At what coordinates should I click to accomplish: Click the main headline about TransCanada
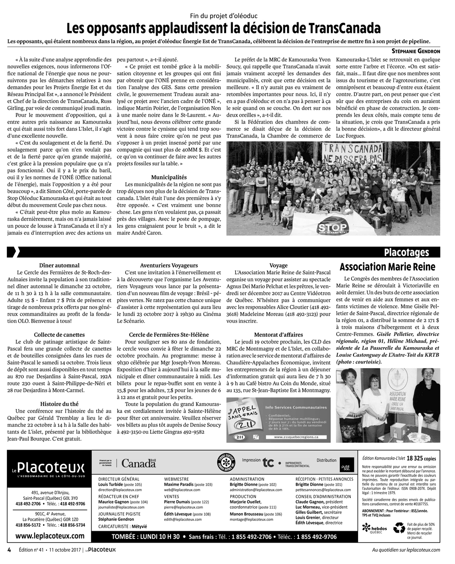tap(223, 29)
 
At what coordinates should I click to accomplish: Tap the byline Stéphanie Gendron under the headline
tap(415, 51)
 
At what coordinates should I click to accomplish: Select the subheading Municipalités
tap(169, 177)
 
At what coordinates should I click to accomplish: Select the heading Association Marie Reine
tap(388, 267)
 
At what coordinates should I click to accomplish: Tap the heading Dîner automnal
tap(60, 265)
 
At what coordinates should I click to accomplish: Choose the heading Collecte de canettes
tap(60, 335)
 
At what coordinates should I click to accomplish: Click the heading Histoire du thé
tap(60, 404)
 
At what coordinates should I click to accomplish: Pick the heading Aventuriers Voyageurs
tap(169, 265)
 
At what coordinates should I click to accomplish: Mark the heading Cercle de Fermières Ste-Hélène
tap(169, 335)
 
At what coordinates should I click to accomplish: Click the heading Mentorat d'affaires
tap(278, 335)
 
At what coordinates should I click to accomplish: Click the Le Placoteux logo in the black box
tap(49, 468)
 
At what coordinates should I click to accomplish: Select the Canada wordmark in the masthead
tap(138, 464)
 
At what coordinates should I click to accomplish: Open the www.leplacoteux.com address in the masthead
tap(50, 536)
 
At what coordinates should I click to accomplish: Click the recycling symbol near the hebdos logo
tap(399, 528)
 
